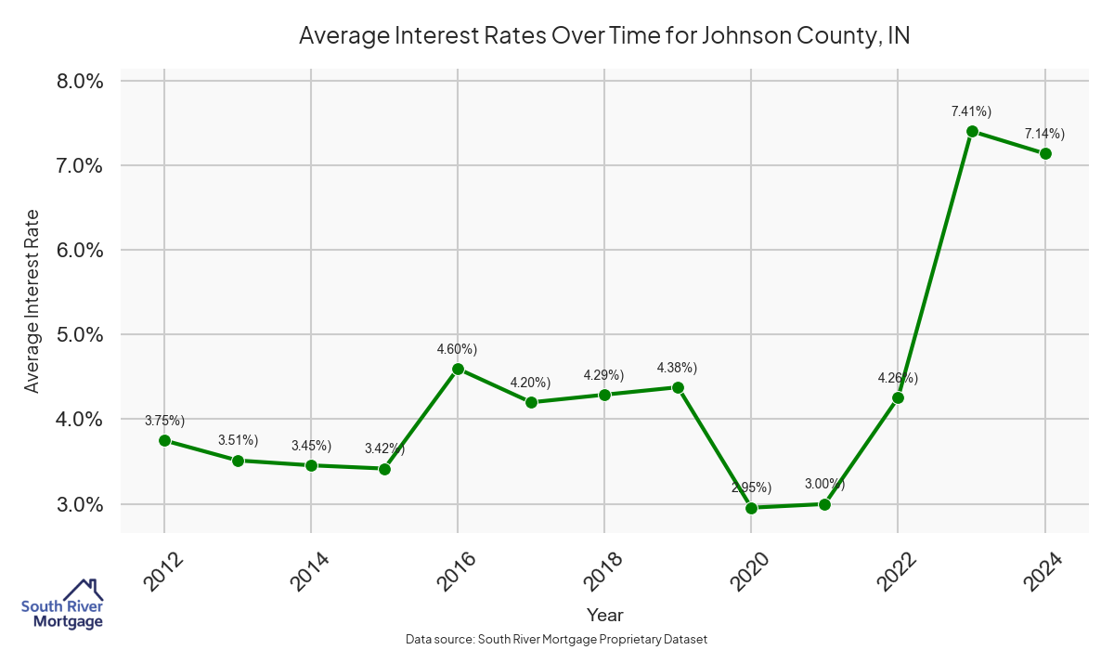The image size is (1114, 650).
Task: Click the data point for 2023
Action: [x=972, y=131]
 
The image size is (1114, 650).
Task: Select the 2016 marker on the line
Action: [x=458, y=369]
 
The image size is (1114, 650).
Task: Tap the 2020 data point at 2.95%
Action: [x=751, y=508]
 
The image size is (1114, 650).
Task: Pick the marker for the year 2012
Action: [x=164, y=440]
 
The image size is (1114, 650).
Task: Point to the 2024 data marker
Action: [x=1045, y=153]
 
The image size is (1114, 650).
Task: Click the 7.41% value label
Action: [x=971, y=111]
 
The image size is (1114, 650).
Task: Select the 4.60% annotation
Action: [x=457, y=349]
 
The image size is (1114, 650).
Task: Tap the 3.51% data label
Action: [x=238, y=440]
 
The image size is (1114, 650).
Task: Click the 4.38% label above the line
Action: [x=677, y=368]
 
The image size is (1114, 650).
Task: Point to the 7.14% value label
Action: [x=1044, y=134]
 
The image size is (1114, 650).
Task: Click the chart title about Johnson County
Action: [x=603, y=36]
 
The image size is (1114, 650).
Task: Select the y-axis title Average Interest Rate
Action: [x=32, y=301]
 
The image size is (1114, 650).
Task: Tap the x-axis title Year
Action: [x=604, y=615]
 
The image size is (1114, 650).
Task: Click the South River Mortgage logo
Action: [x=62, y=604]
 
